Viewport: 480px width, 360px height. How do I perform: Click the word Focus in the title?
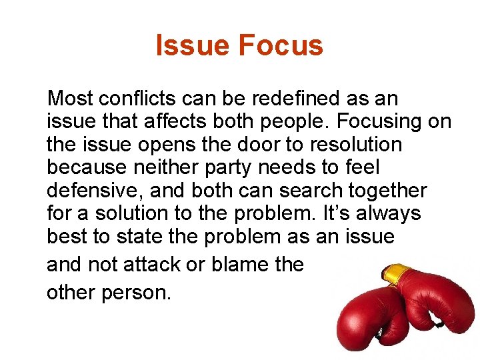[280, 46]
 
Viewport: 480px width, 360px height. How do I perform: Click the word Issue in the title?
[193, 46]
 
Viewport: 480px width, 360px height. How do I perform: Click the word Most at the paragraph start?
[70, 99]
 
